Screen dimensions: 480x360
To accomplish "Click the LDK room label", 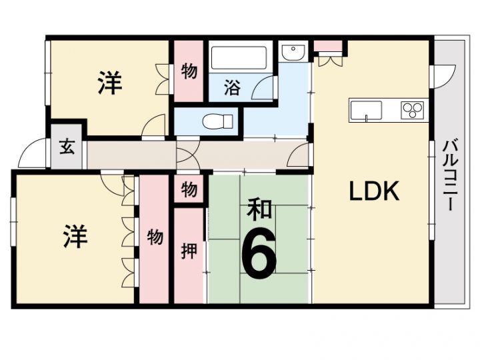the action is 374,191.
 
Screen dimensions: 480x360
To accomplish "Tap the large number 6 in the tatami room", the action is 259,253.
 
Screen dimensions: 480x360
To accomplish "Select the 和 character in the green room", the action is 259,210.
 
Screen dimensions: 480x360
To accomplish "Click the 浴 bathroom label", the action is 232,87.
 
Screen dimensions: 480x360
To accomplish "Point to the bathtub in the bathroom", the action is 239,58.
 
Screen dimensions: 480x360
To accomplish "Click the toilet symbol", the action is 217,121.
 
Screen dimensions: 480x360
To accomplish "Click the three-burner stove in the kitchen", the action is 413,110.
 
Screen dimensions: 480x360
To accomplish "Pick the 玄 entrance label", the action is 67,146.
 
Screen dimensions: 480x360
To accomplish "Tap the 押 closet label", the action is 189,251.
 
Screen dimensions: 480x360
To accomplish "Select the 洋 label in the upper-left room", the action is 110,83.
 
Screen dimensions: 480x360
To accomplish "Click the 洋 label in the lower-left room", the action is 75,236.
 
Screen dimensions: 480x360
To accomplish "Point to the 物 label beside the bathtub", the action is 189,71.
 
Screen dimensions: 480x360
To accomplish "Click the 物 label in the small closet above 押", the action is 189,189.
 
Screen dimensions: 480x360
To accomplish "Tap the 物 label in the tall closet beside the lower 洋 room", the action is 155,237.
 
